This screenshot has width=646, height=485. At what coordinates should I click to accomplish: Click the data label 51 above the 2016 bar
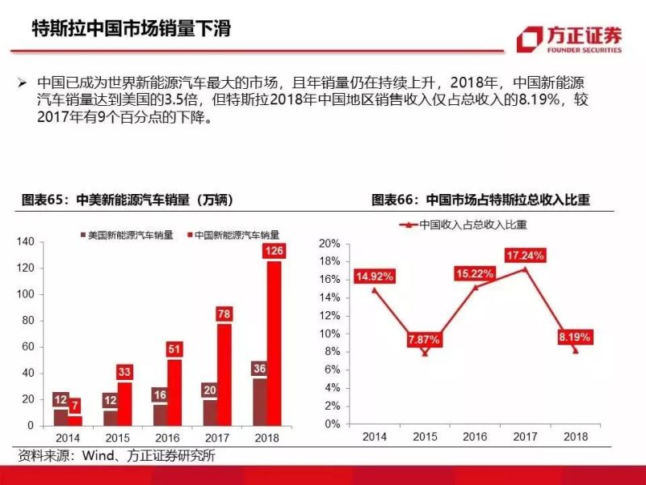tap(174, 349)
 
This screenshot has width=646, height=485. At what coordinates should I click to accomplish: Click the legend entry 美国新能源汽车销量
tap(125, 234)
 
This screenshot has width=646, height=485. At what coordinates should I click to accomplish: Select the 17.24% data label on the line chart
tap(526, 255)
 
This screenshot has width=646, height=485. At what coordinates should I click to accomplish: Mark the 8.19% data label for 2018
tap(574, 336)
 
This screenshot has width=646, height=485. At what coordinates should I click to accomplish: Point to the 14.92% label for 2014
tap(375, 276)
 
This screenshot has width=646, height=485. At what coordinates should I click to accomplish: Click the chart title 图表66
tap(480, 199)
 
